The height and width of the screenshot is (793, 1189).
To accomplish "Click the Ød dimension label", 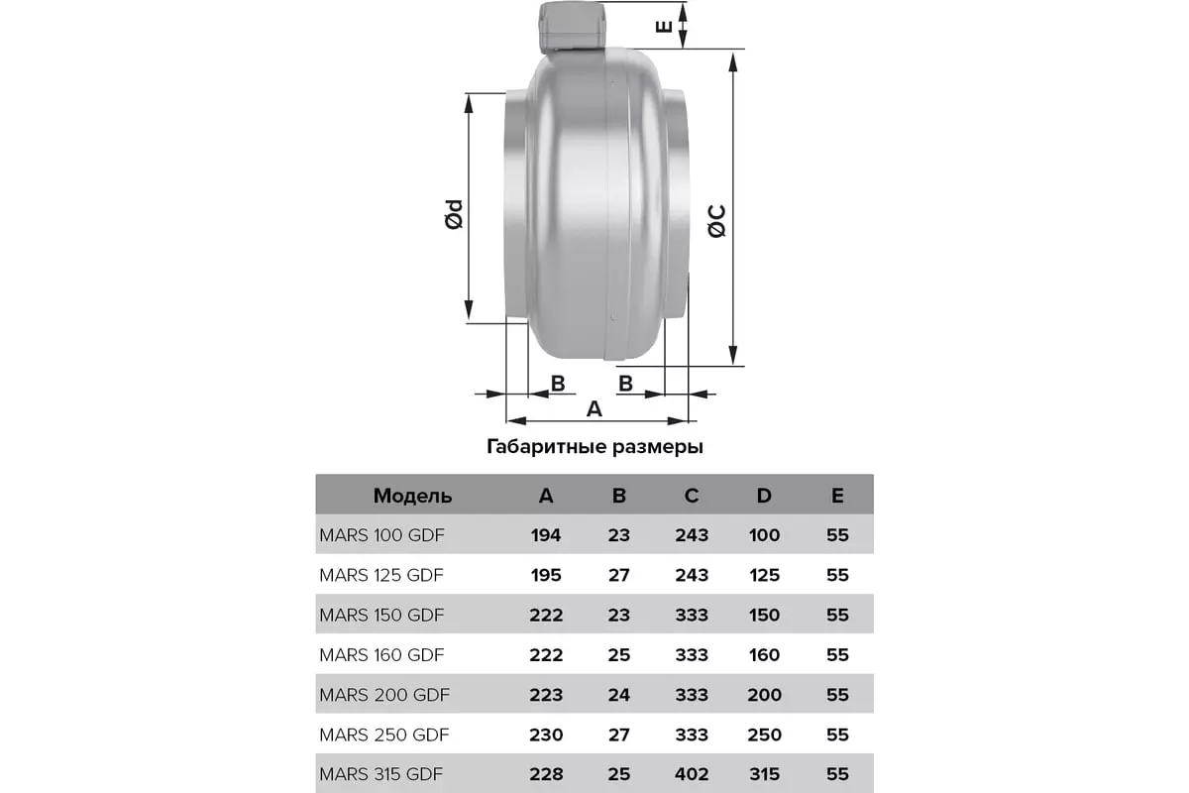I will point(453,215).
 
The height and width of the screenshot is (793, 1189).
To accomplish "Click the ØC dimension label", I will point(717,220).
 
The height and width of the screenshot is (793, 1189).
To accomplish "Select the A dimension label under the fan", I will point(594,408).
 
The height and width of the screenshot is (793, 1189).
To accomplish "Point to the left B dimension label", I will point(558,383).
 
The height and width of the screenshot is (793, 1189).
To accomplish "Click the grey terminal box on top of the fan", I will point(573,28).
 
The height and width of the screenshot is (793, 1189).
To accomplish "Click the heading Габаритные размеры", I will point(594,447).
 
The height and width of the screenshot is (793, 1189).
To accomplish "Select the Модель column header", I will point(412,496).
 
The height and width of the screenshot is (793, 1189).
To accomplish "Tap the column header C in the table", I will point(692,496).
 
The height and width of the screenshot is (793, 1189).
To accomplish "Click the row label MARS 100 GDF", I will point(381,535).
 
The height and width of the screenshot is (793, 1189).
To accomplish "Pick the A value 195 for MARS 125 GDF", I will point(545,575).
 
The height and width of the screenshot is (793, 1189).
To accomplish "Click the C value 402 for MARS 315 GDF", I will point(692,774).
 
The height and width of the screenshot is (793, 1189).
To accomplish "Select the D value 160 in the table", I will point(764,655).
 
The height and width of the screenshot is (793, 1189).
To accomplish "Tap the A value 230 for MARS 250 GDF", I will point(545,735).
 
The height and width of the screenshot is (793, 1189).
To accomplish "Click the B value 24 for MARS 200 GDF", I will point(618,695).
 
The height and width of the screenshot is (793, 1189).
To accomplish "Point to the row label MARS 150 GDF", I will point(381,615).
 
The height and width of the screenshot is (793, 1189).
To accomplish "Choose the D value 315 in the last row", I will point(764,774).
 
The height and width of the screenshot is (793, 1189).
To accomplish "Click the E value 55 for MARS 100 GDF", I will point(837,535).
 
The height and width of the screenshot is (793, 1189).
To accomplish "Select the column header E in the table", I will point(837,496).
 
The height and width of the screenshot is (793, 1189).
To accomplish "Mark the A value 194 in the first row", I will point(545,535).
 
